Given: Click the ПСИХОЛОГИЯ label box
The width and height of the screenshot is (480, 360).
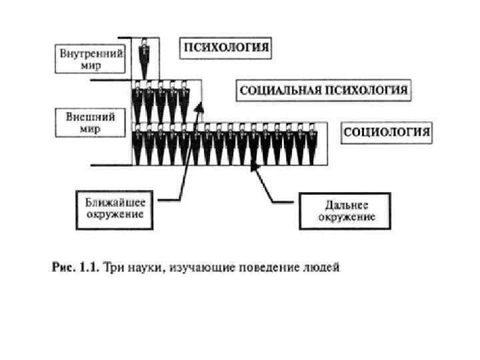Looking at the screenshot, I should point(227,47).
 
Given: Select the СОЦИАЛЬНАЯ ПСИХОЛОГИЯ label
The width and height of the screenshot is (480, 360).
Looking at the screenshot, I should point(323,90).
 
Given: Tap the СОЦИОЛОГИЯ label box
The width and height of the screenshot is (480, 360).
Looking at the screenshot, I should point(387,132).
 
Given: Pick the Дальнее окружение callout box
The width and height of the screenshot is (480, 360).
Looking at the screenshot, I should point(346,210).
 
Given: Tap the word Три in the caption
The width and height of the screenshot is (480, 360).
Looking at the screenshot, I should point(113,268).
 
